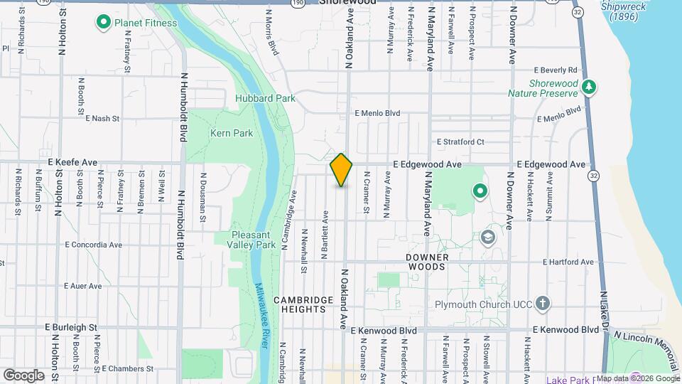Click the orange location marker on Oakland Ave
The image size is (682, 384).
[342, 170]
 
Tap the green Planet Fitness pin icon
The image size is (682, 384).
[103, 23]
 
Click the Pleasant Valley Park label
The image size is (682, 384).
[254, 240]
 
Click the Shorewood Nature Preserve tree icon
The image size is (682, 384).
[588, 87]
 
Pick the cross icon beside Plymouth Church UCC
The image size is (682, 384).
[543, 304]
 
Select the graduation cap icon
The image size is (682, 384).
[487, 237]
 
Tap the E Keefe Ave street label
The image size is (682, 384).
[72, 163]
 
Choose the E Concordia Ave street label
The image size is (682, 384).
[93, 245]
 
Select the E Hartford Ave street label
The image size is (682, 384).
[568, 262]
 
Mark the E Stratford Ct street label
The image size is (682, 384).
[460, 142]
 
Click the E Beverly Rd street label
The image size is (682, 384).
[556, 70]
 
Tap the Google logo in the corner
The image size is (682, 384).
[23, 375]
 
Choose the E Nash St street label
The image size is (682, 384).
[102, 119]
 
